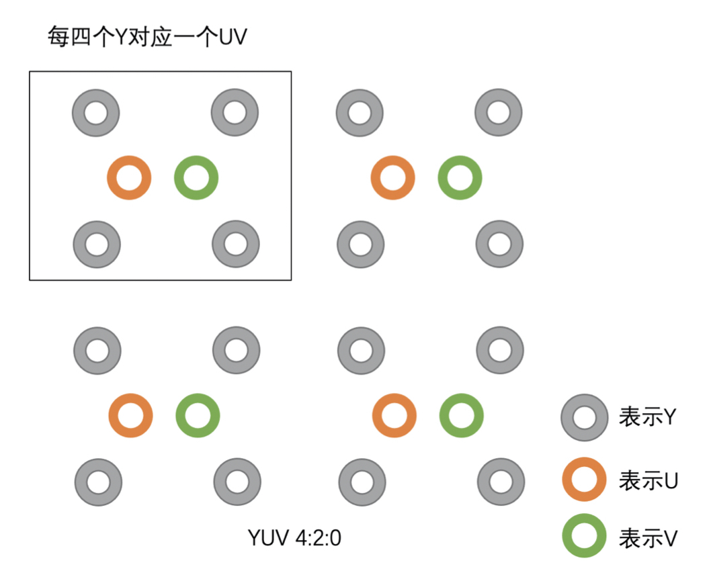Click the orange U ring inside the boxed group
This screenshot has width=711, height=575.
coord(129,178)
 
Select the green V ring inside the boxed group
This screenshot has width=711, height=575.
coord(196,178)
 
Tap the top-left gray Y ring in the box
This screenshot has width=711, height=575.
coord(96,113)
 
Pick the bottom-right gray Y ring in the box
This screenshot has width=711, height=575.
coord(236,244)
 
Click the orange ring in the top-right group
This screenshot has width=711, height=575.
coord(393,178)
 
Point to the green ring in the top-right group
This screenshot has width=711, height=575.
coord(460,178)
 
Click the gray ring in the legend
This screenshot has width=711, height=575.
coord(585,417)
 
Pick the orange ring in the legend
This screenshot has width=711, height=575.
coord(585,480)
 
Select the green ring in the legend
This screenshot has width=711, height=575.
coord(585,536)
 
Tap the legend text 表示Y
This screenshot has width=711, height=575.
coord(647,417)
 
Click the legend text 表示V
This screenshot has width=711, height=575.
coord(647,537)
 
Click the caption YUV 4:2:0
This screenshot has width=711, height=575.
coord(294,537)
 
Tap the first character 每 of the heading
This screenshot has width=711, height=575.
coord(56,37)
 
